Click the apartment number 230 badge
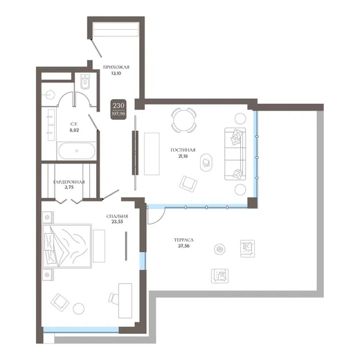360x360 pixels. (x=118, y=109)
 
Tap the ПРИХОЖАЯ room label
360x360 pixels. (x=116, y=67)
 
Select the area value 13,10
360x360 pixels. (x=116, y=73)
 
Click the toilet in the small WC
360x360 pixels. (x=85, y=82)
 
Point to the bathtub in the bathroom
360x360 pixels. (x=77, y=151)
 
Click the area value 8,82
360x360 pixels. (x=74, y=130)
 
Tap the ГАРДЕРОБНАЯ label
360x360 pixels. (x=69, y=182)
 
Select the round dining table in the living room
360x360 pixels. (x=184, y=120)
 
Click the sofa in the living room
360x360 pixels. (x=235, y=154)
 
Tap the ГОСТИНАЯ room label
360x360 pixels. (x=183, y=150)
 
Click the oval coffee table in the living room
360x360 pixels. (x=206, y=163)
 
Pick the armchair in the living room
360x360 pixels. (x=188, y=184)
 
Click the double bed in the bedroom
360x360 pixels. (x=67, y=246)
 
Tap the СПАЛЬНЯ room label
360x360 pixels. (x=117, y=217)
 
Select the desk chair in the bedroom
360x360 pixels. (x=114, y=298)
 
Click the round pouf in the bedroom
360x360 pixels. (x=79, y=308)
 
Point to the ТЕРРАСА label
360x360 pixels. (x=183, y=240)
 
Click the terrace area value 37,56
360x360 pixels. (x=183, y=246)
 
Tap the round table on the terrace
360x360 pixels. (x=219, y=249)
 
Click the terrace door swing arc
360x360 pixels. (x=161, y=219)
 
